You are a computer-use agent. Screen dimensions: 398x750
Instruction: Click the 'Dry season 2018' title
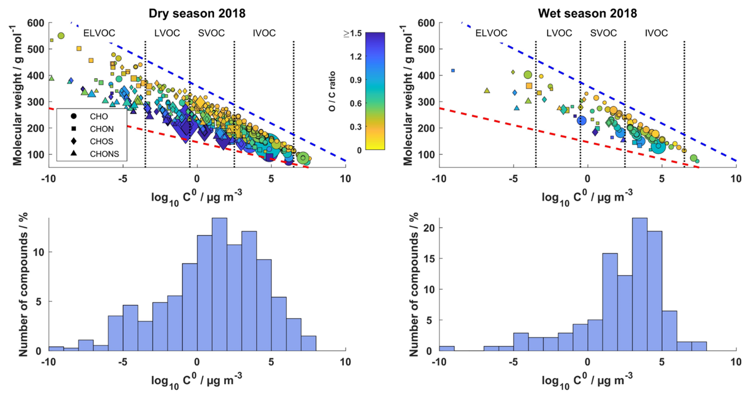pos(197,13)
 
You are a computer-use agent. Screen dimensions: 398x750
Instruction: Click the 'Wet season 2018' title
pos(587,13)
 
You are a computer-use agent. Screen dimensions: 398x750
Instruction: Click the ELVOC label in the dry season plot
pos(99,33)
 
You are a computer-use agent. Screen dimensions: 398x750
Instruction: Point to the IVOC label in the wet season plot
pos(656,33)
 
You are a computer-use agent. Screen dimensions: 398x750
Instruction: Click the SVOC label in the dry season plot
pos(212,33)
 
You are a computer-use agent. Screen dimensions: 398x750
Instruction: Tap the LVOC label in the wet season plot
pos(559,33)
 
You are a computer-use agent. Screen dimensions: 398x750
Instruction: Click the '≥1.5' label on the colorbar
pos(346,34)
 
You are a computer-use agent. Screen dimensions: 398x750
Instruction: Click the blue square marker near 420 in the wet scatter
pos(453,71)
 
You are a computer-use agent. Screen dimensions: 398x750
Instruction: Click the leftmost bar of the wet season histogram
pos(446,348)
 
